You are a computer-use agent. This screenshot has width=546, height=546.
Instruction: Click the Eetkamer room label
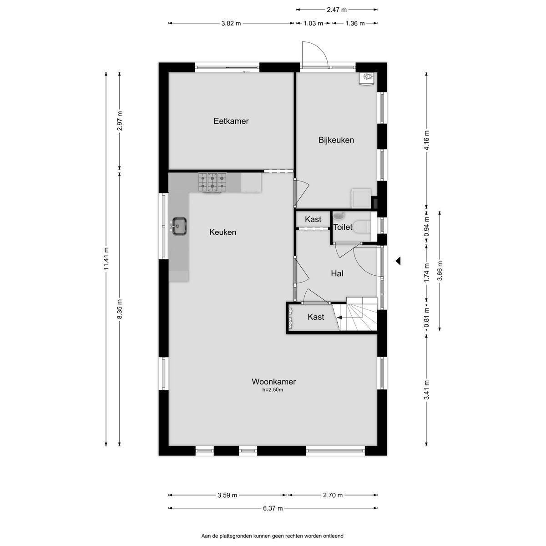tap(231, 121)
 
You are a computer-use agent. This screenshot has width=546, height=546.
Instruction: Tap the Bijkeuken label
tap(336, 140)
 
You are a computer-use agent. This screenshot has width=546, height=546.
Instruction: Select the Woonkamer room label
tap(274, 382)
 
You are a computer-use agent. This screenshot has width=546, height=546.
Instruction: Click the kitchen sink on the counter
tap(179, 226)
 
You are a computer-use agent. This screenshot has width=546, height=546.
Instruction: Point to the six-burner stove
tap(212, 182)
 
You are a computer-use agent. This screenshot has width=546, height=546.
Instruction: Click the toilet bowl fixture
tap(363, 227)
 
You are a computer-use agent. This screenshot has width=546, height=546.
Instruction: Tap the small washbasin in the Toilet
tap(339, 216)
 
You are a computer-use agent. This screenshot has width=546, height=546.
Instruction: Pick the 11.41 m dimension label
tap(106, 259)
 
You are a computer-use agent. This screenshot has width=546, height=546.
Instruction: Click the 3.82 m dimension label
tap(231, 23)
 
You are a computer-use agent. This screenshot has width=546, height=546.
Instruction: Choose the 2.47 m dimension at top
tap(337, 10)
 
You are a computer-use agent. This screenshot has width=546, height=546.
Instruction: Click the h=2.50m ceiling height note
tap(273, 389)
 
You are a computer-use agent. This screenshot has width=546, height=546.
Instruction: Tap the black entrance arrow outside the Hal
tap(398, 261)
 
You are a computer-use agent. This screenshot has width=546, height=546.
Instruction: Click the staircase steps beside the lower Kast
tap(358, 314)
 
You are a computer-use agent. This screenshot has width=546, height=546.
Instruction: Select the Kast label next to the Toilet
tap(313, 219)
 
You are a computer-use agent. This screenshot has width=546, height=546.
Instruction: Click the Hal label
tap(337, 273)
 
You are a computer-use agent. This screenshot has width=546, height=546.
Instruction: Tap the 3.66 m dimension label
tap(440, 271)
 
